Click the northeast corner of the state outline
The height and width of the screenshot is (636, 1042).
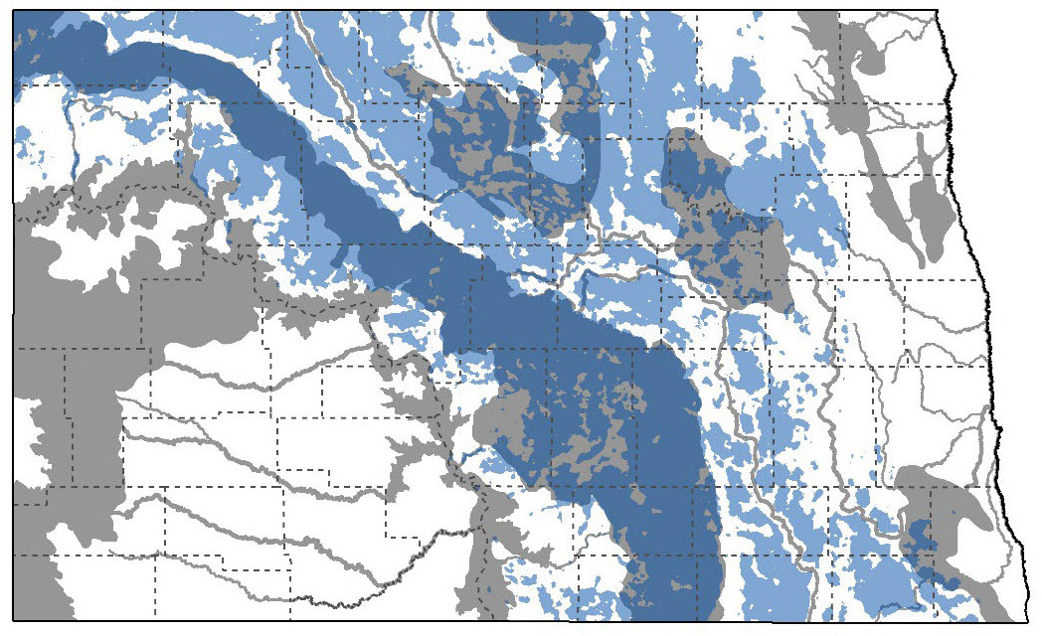(x=938, y=12)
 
